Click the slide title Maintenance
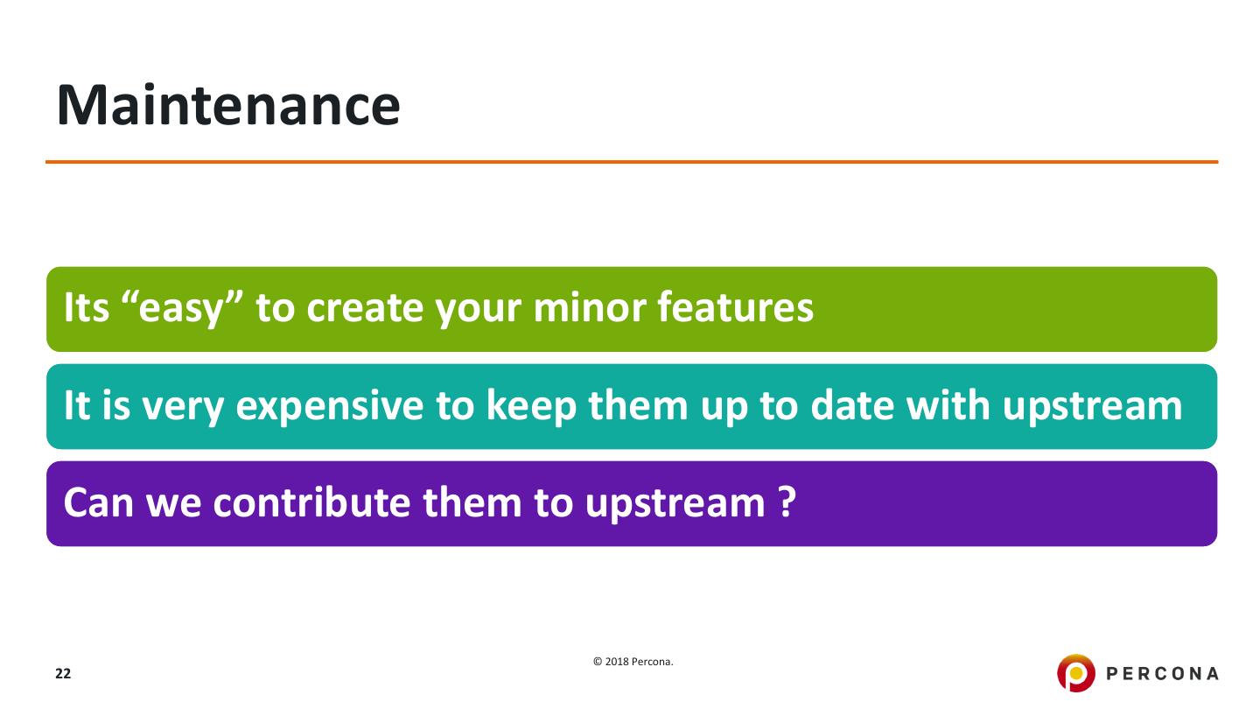point(228,105)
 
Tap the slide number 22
point(63,674)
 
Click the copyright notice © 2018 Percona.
point(633,662)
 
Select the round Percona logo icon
point(1076,673)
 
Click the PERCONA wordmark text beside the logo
point(1162,674)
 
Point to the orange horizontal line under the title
point(632,162)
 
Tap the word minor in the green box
point(590,307)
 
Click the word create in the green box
point(365,308)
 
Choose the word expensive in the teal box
point(330,406)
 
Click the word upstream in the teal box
point(1092,406)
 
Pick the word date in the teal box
point(852,405)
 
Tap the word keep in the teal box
point(532,406)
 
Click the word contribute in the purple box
point(311,502)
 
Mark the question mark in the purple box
point(787,502)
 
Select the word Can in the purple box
point(98,502)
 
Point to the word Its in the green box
point(86,307)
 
